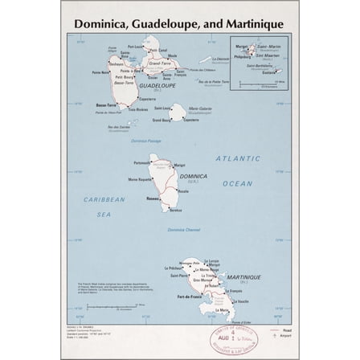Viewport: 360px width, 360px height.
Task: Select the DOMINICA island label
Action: point(193,175)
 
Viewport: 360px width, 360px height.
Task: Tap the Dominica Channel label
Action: point(184,229)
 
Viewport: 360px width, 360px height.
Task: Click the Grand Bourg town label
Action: point(161,120)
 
